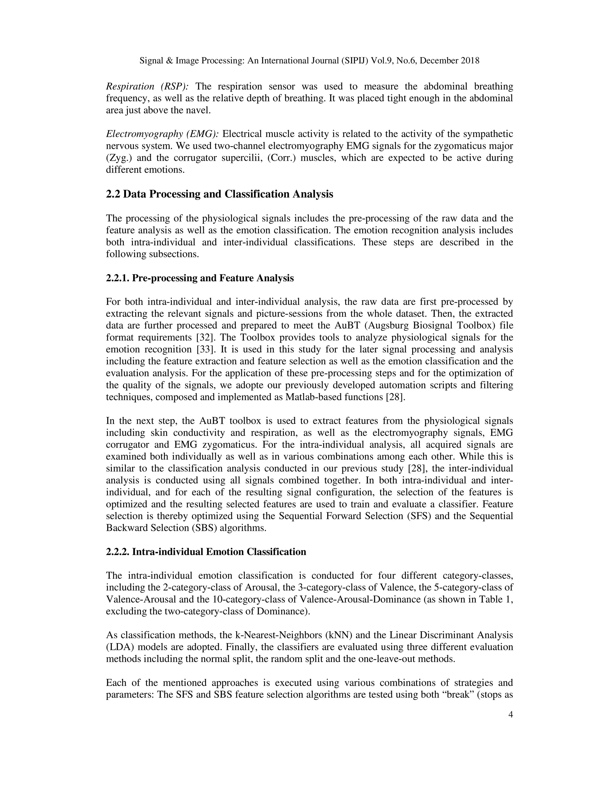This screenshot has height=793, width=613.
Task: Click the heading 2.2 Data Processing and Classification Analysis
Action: point(219,194)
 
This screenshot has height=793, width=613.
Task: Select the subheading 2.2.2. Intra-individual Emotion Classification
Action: point(206,552)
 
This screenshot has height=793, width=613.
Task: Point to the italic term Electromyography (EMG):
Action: point(162,134)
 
